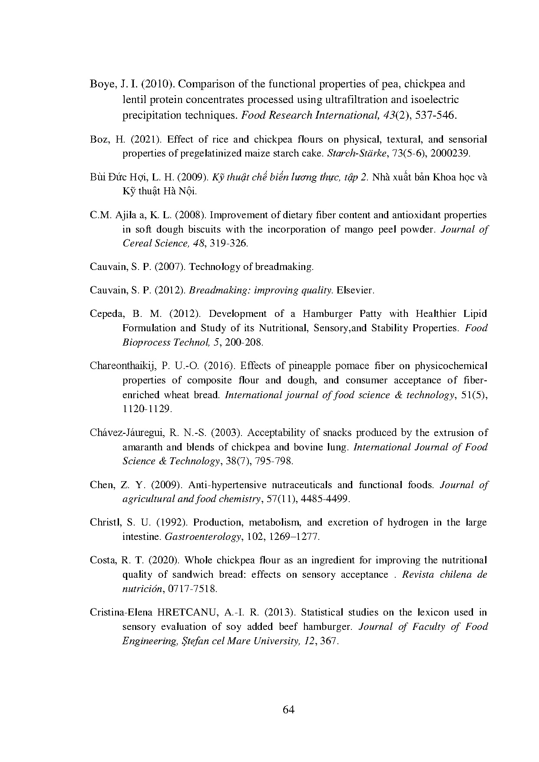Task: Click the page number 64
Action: [288, 710]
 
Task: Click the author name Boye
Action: [102, 84]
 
